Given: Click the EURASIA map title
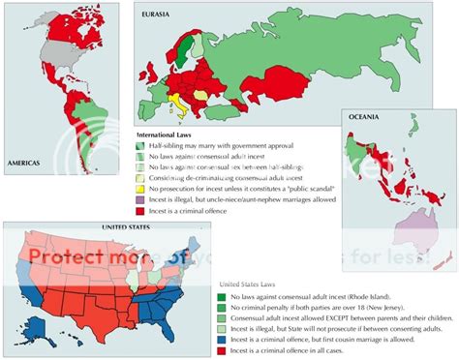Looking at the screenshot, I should [158, 13].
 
